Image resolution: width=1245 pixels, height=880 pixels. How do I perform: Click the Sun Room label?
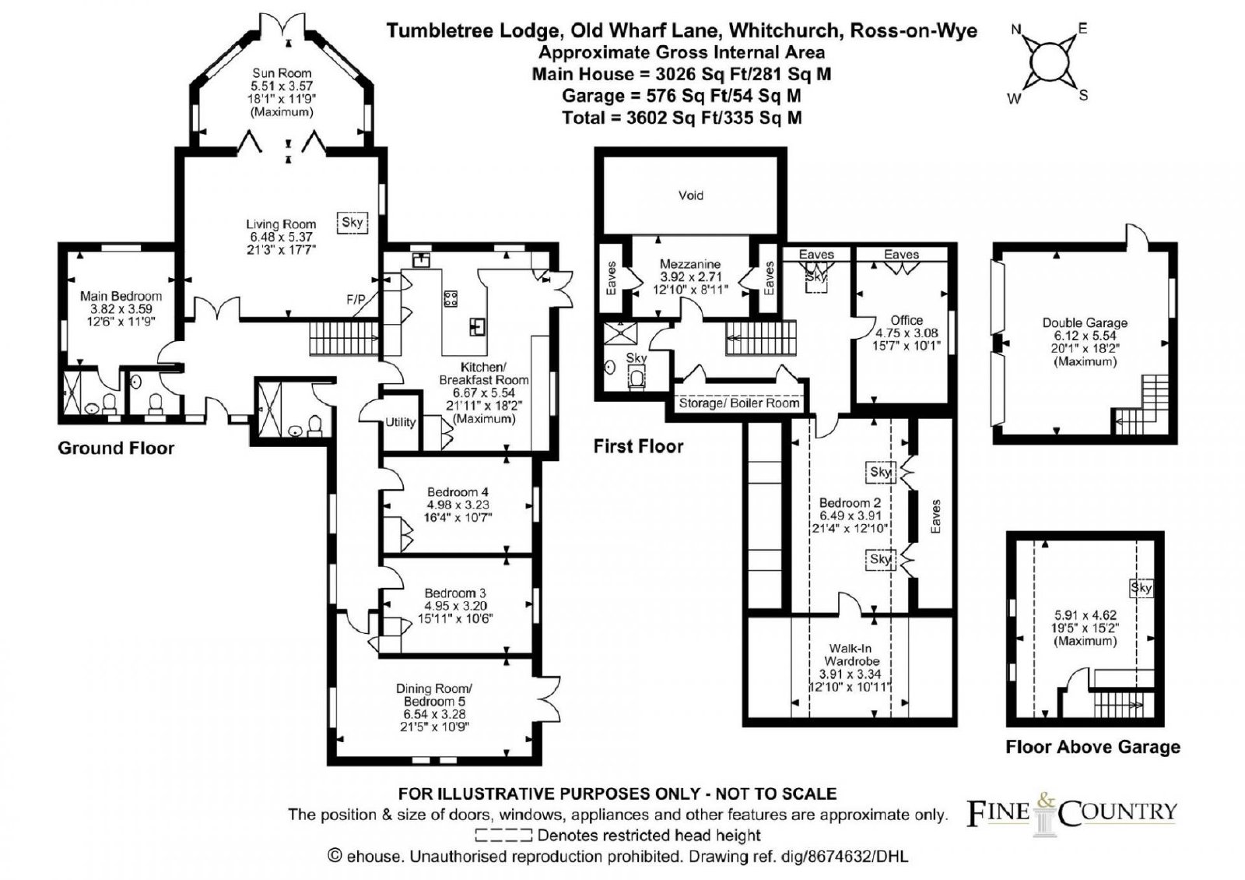tap(282, 73)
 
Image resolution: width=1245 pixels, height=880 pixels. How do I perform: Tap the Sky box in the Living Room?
tap(352, 223)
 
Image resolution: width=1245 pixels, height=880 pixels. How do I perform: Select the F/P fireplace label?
tap(356, 300)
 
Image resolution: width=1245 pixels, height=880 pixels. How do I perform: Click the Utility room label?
tap(400, 422)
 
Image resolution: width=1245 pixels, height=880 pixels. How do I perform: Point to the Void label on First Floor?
tap(691, 195)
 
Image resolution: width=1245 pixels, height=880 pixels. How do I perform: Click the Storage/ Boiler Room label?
tap(739, 403)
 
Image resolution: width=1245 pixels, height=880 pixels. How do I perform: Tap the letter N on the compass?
tap(1016, 30)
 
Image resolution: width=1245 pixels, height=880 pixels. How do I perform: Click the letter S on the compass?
tap(1083, 95)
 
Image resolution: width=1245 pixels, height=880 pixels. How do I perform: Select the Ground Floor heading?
tap(116, 449)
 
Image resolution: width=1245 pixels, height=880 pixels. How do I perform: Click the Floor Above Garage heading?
tap(1092, 747)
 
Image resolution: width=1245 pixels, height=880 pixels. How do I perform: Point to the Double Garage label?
tap(1085, 322)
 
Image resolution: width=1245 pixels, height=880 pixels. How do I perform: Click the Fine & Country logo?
tap(1072, 815)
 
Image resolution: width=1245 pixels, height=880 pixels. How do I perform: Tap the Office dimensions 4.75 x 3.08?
tap(907, 333)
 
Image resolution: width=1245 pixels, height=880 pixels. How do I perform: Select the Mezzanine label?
tap(690, 264)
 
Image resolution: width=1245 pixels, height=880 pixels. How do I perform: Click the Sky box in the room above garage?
tap(1141, 588)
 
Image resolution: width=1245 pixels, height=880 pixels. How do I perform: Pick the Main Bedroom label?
tap(121, 296)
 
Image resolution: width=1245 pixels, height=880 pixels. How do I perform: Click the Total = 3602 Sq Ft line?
tap(682, 118)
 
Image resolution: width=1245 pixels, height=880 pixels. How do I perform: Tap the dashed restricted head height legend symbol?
tap(503, 835)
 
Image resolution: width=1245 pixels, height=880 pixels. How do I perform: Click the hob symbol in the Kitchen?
tap(451, 299)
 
